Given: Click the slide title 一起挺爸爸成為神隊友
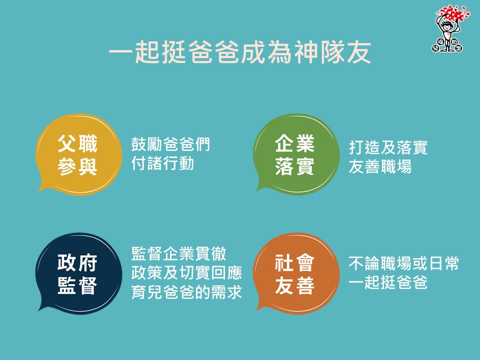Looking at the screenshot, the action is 240,52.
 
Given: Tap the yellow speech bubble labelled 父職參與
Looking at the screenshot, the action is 79,154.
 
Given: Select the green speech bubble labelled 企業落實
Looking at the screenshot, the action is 296,154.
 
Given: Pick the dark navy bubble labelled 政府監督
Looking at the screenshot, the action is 79,273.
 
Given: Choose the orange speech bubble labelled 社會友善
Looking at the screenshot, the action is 296,273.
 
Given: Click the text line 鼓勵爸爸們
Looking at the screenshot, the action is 170,144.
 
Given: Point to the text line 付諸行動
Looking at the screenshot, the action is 162,163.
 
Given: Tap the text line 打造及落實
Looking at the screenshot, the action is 388,147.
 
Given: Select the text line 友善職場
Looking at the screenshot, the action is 380,166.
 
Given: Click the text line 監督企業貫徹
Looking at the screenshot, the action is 179,254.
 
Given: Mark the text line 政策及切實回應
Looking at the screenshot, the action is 186,273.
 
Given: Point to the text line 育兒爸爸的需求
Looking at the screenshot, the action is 186,291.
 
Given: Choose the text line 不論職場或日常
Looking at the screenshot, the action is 404,263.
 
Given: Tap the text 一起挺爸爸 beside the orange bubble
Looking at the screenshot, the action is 388,282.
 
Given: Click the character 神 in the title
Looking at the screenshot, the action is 306,52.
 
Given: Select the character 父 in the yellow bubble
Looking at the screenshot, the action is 67,143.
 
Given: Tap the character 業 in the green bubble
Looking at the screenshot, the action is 305,143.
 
